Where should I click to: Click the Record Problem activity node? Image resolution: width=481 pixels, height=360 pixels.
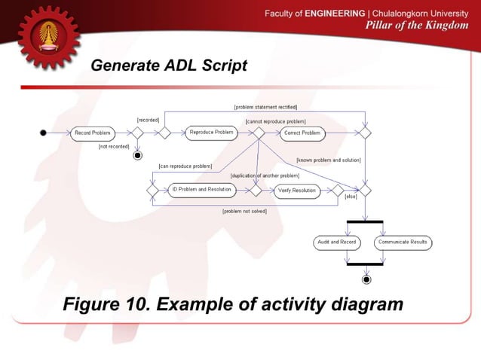click(93, 133)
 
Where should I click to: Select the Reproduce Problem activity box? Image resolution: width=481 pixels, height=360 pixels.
click(211, 133)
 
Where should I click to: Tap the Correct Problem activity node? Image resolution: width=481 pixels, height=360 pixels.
click(302, 133)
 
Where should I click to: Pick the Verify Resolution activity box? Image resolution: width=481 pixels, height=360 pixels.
click(296, 191)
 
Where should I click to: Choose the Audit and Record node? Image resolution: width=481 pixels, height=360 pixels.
click(337, 243)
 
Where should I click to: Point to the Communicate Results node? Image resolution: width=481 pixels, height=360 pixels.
click(403, 243)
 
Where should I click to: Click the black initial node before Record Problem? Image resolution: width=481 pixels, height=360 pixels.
click(44, 133)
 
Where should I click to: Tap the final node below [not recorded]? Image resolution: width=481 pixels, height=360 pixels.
click(137, 156)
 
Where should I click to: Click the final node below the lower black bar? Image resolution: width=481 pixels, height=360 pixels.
click(366, 279)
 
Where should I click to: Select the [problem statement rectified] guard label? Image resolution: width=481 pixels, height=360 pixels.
click(265, 108)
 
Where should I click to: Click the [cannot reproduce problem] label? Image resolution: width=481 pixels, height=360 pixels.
click(276, 121)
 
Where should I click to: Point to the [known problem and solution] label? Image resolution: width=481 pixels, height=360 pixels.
click(329, 160)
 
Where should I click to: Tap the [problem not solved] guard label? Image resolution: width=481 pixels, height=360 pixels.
click(244, 212)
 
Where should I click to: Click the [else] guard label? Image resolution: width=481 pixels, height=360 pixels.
click(351, 197)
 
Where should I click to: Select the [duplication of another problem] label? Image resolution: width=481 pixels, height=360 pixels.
click(265, 175)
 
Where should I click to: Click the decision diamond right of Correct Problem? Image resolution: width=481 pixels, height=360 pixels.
click(365, 133)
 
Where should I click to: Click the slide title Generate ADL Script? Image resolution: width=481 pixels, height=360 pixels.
click(169, 66)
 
